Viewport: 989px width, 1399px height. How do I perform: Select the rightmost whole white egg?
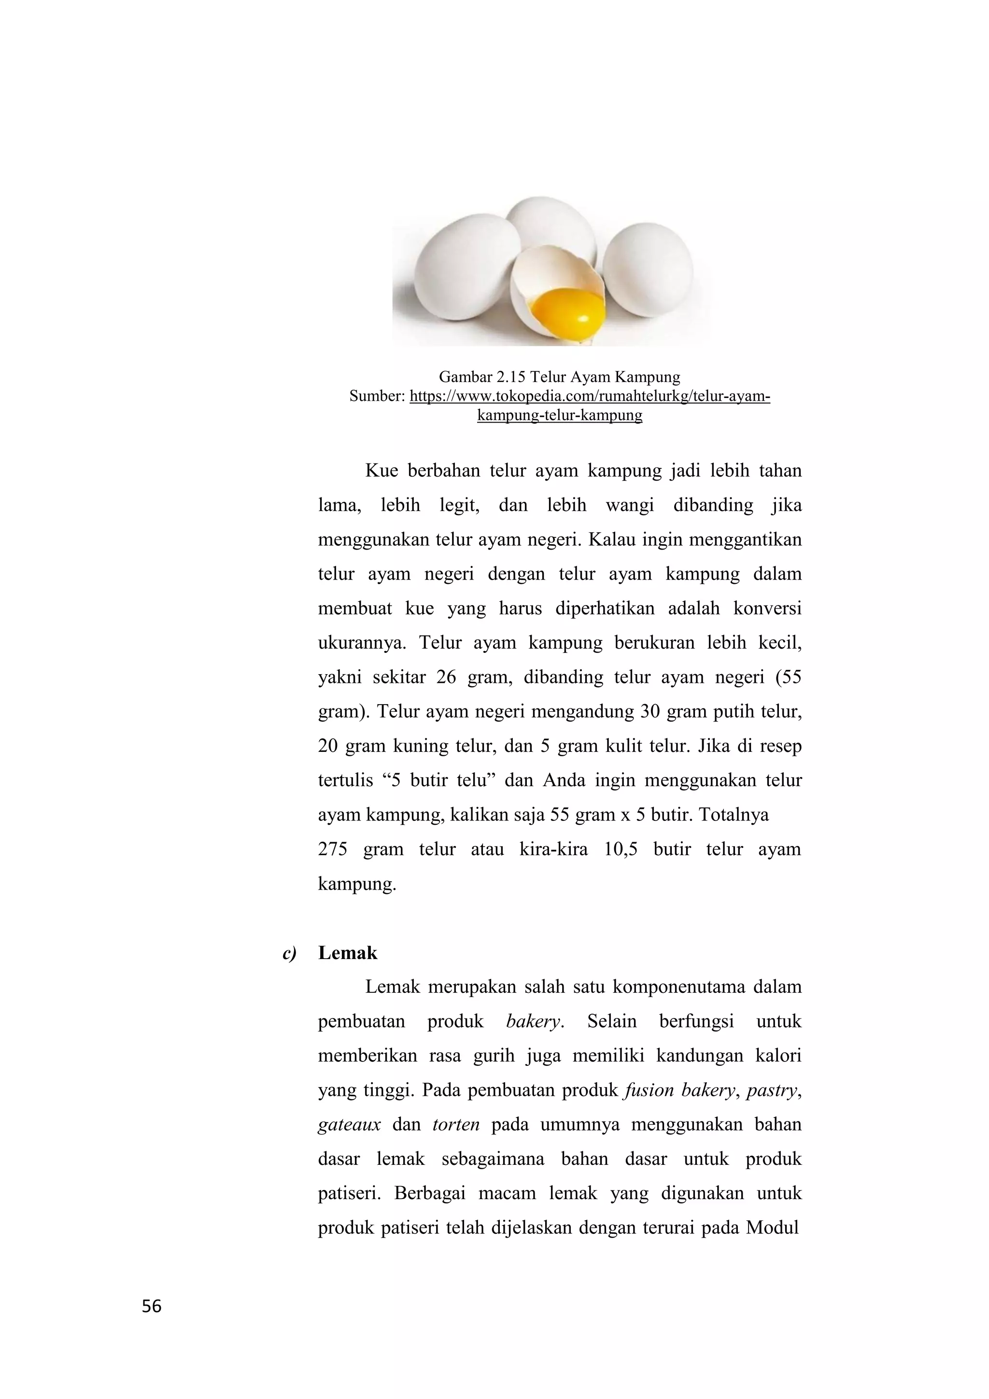(x=648, y=269)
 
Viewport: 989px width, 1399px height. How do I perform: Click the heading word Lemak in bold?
(x=347, y=953)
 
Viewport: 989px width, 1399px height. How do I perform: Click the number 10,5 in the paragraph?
(x=621, y=849)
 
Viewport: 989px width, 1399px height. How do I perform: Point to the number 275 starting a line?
(x=332, y=849)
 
